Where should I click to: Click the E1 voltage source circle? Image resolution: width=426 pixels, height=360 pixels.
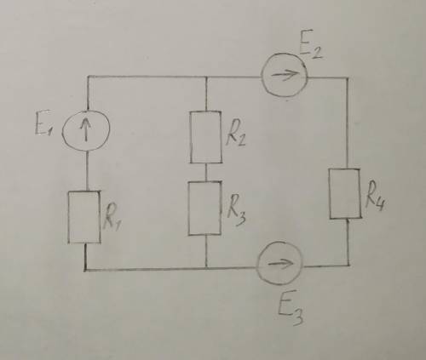pos(62,131)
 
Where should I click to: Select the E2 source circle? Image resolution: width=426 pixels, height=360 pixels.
pos(262,76)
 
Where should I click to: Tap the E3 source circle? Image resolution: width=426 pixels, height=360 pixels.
pos(256,264)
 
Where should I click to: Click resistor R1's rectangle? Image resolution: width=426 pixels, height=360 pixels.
pos(68,217)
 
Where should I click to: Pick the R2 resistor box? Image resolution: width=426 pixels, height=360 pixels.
pos(190,137)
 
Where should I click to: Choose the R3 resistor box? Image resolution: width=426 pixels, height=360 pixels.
pos(189,208)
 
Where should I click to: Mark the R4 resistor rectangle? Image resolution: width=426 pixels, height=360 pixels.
pos(330,194)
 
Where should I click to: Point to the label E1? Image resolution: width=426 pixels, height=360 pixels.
pos(43,127)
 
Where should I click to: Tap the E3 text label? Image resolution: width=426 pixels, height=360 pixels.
pos(290,308)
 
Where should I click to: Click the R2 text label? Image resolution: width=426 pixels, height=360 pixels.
pos(235,134)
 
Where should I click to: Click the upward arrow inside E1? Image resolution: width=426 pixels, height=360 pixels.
pos(85,130)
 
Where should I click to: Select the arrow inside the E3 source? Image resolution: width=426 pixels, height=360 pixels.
pos(280,264)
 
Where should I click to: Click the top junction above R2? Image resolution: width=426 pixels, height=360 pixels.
pos(206,77)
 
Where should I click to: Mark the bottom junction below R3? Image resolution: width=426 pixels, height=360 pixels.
pos(206,267)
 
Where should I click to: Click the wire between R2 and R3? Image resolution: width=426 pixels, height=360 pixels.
pos(206,172)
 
